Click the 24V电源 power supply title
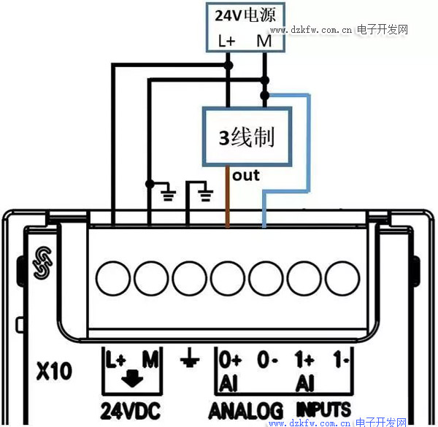(245, 15)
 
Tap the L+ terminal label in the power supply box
(226, 41)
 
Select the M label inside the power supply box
(264, 41)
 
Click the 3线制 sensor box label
(247, 137)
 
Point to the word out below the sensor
(246, 176)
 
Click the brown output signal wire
(227, 196)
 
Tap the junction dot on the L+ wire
(228, 66)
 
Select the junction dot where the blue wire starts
(264, 96)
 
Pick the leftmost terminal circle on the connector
(113, 278)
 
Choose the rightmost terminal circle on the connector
(342, 278)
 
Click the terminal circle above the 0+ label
(228, 278)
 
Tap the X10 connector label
(54, 371)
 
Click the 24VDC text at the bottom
(131, 411)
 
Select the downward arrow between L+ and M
(132, 378)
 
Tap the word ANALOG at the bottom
(246, 411)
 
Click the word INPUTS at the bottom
(323, 409)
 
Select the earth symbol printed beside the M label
(190, 358)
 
